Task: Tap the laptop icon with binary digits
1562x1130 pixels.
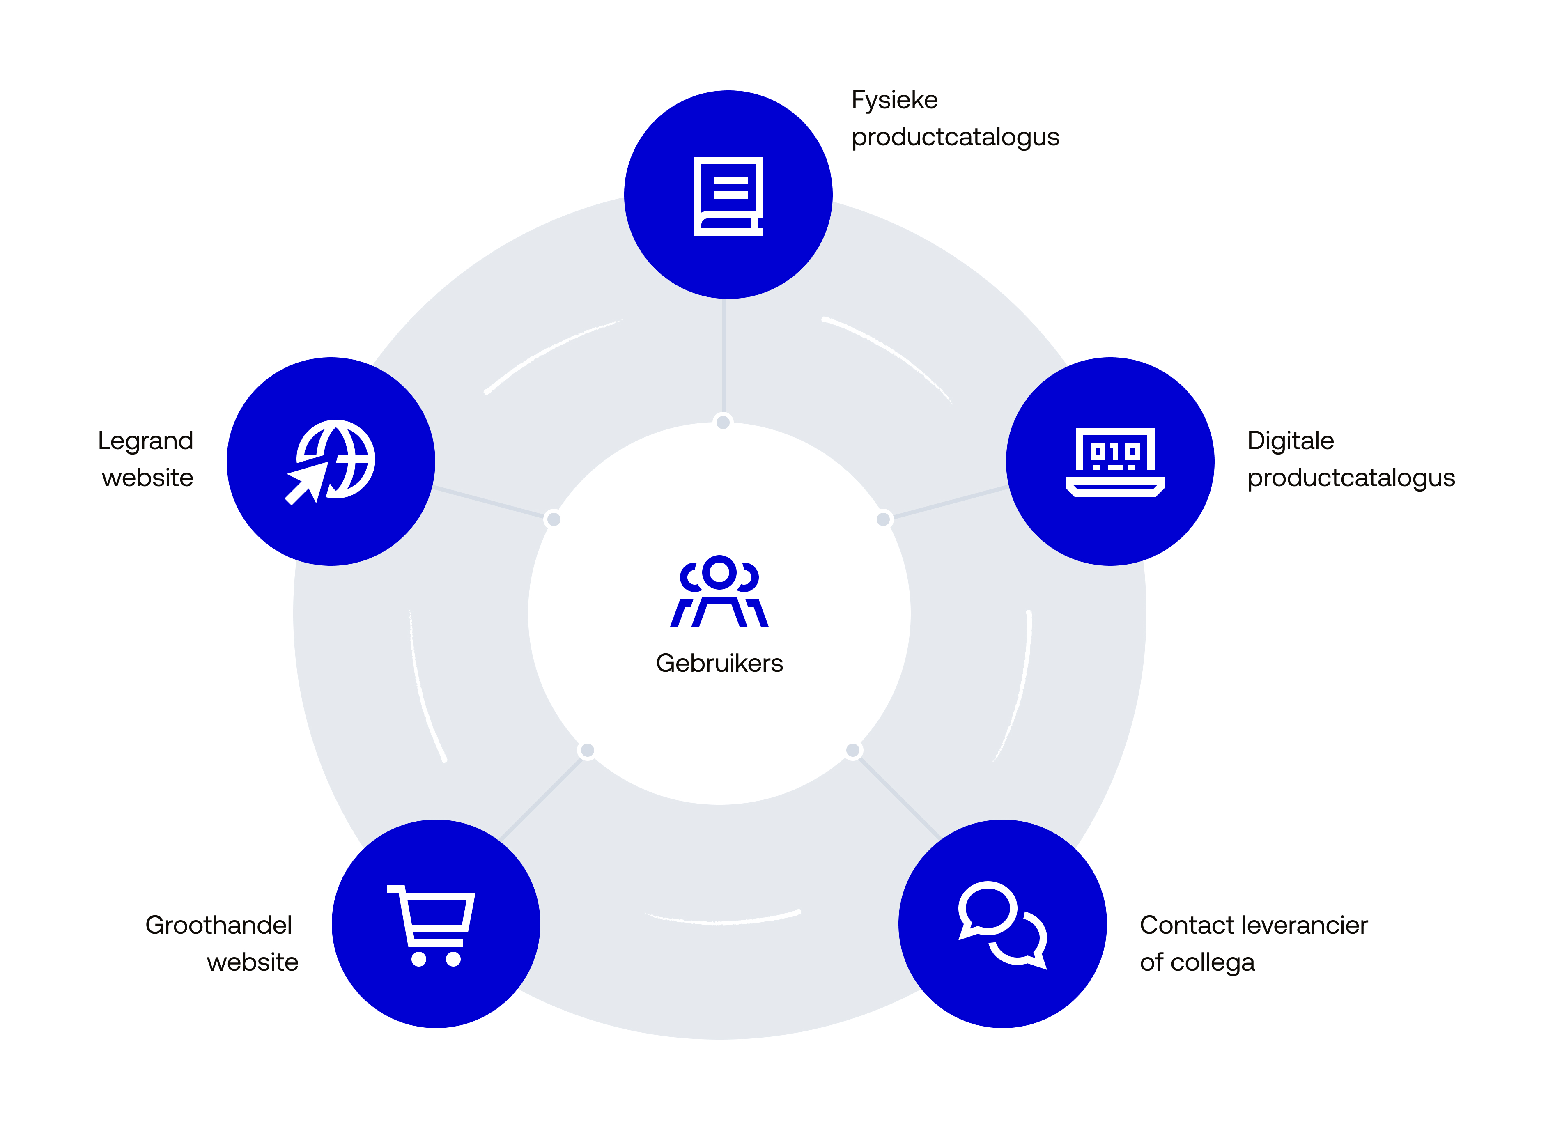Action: (x=1114, y=462)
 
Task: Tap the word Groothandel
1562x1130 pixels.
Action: (x=218, y=925)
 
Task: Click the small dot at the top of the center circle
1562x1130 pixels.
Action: (x=723, y=422)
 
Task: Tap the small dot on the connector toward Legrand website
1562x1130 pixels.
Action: (x=553, y=519)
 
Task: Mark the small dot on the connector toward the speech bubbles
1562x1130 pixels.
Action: (x=852, y=750)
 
